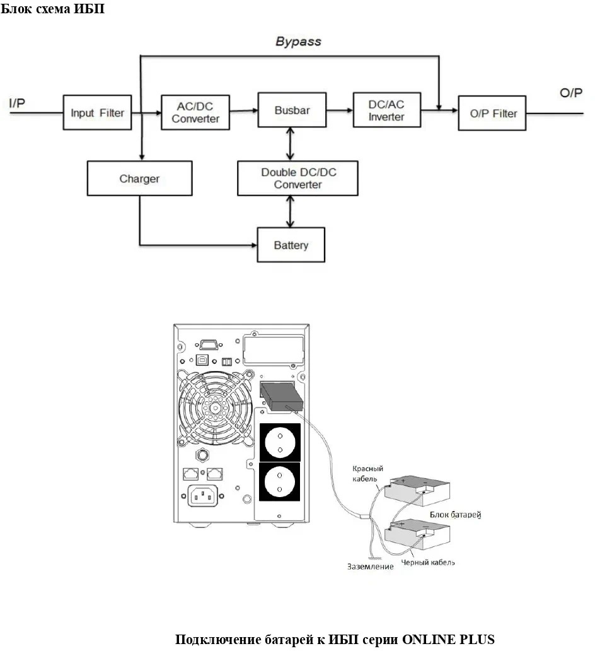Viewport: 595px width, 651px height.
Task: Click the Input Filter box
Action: [97, 114]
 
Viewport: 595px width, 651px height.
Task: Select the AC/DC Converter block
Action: [195, 113]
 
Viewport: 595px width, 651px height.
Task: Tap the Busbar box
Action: [292, 110]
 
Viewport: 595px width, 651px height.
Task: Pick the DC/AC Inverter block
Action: [386, 111]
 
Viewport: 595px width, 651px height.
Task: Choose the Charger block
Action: [139, 179]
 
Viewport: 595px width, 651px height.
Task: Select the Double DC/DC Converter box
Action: [297, 179]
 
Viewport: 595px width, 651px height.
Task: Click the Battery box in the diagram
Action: [291, 245]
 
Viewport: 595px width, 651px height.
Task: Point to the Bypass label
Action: [298, 42]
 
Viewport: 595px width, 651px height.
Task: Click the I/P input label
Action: [17, 103]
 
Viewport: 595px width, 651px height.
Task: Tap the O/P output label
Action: [571, 93]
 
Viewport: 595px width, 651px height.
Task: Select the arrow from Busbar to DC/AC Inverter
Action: [339, 110]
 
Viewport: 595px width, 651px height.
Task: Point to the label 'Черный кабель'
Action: [428, 561]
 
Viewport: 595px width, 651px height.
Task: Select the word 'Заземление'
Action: [370, 566]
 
